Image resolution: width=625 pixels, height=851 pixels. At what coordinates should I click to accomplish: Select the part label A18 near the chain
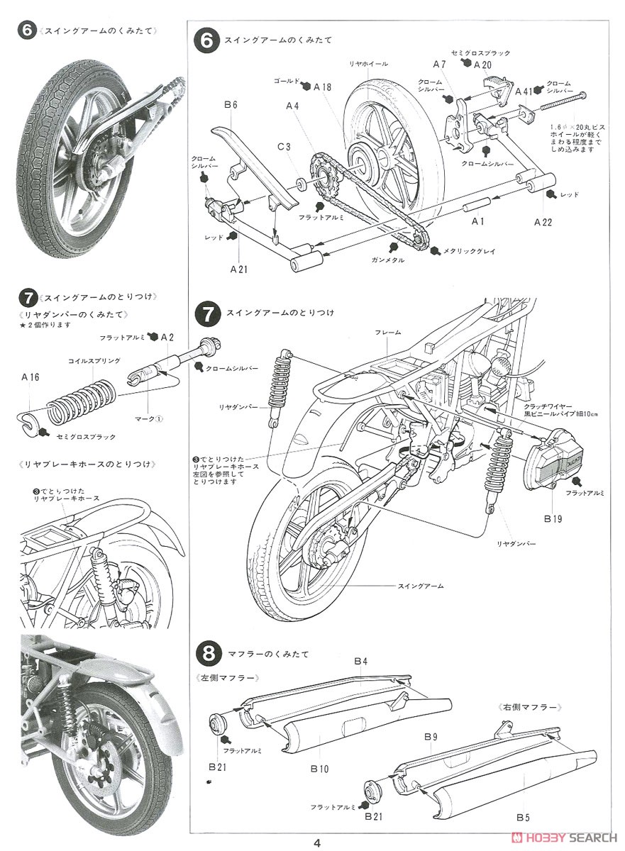click(322, 87)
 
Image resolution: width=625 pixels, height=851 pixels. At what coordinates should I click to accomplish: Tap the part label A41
click(524, 91)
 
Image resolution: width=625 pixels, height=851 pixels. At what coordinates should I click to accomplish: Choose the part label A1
click(478, 221)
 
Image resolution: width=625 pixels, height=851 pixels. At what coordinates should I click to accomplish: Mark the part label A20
click(483, 64)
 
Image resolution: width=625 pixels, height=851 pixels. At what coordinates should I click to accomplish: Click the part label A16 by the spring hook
click(31, 377)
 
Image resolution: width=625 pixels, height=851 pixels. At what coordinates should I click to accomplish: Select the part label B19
click(553, 518)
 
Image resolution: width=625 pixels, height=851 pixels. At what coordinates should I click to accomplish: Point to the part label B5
click(524, 818)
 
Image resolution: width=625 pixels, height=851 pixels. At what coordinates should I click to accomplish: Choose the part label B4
click(360, 662)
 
